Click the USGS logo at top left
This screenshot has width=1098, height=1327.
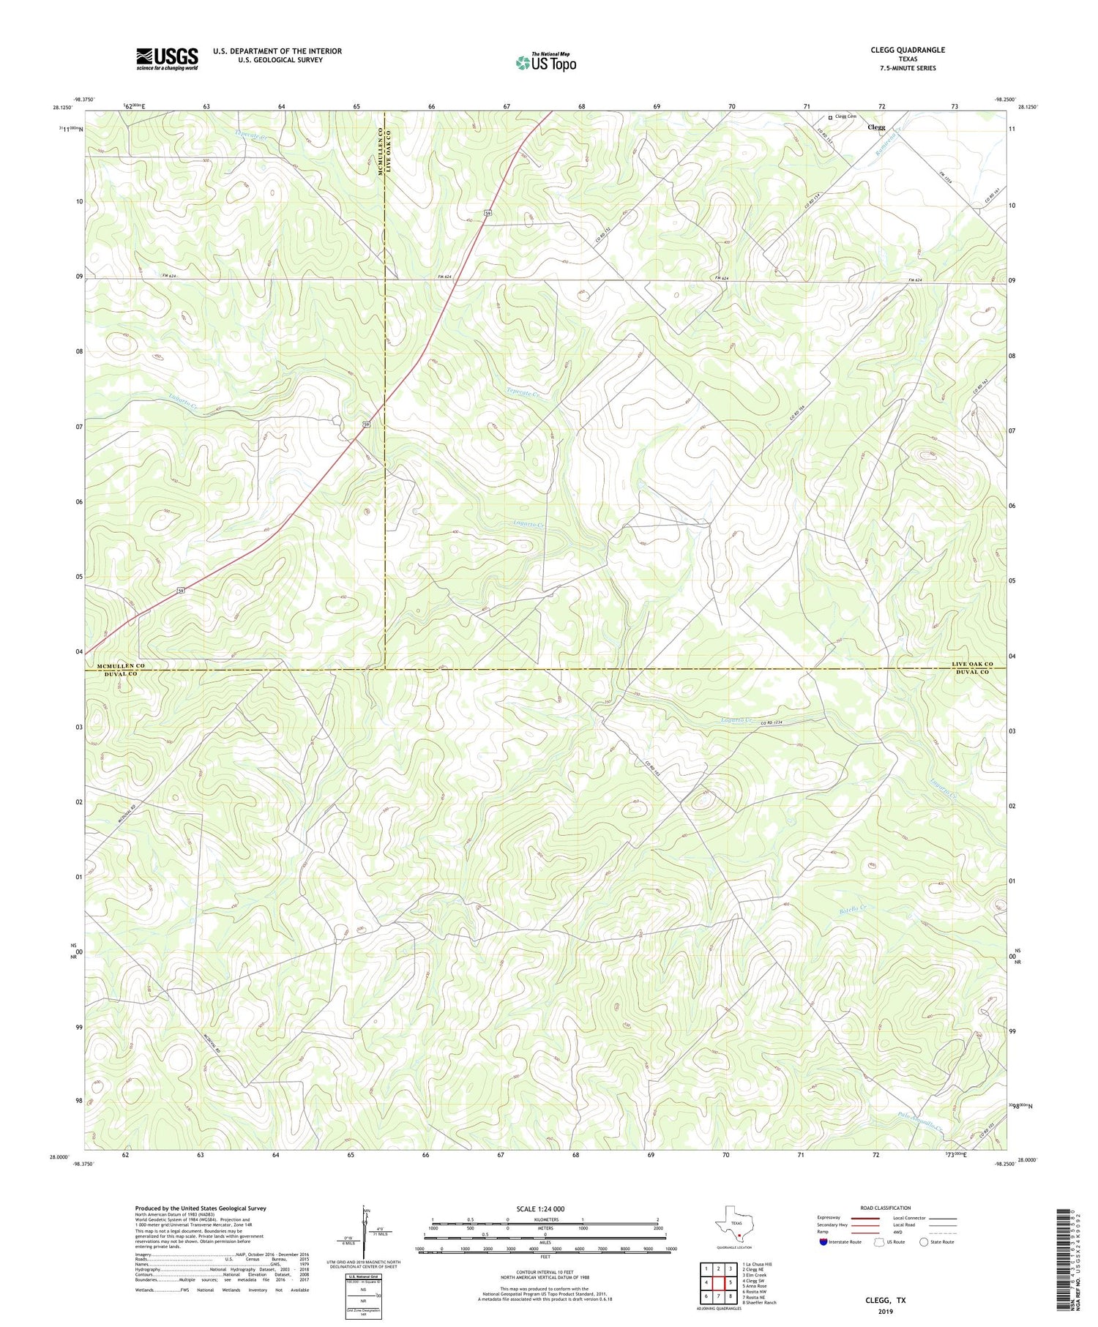167,59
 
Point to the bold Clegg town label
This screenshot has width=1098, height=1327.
875,127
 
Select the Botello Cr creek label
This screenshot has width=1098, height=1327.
852,911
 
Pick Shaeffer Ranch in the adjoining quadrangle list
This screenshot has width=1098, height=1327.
759,1302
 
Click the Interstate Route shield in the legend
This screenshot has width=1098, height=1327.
824,1242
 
